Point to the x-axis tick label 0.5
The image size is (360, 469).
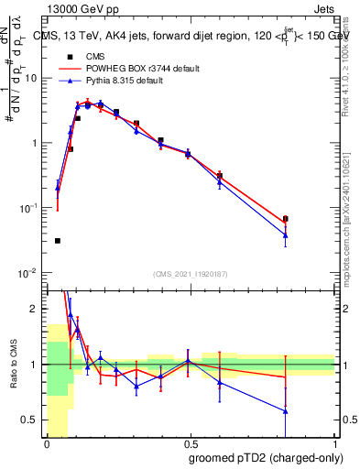coord(191,443)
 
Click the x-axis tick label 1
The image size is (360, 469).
coord(334,443)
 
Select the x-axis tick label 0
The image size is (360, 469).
coord(47,443)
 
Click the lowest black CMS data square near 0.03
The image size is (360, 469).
coord(57,241)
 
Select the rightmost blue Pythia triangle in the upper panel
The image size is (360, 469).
coord(286,235)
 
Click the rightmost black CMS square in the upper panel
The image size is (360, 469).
coord(286,219)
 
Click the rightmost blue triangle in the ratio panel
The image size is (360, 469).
coord(286,411)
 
